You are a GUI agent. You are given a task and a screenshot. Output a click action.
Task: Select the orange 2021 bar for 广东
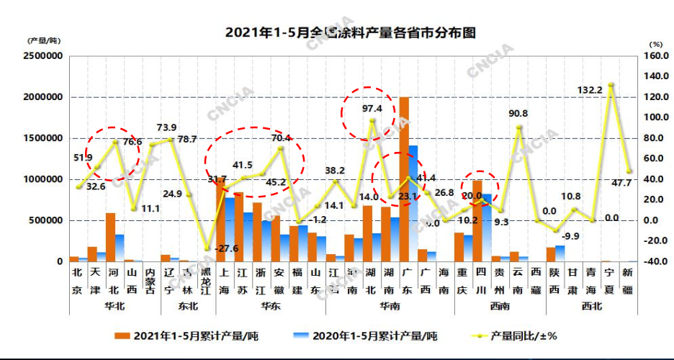(404, 180)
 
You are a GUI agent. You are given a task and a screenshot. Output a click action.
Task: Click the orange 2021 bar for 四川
(477, 220)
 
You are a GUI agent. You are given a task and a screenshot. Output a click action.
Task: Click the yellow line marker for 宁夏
(611, 85)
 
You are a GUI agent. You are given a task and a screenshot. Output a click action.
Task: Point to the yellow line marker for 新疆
(629, 171)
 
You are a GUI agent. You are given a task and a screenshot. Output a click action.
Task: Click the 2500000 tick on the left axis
(45, 56)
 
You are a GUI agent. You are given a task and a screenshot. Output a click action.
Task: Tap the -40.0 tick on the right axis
(653, 261)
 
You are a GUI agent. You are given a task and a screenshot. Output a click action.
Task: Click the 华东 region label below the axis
(270, 306)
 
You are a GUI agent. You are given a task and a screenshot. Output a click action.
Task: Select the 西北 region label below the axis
(593, 306)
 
